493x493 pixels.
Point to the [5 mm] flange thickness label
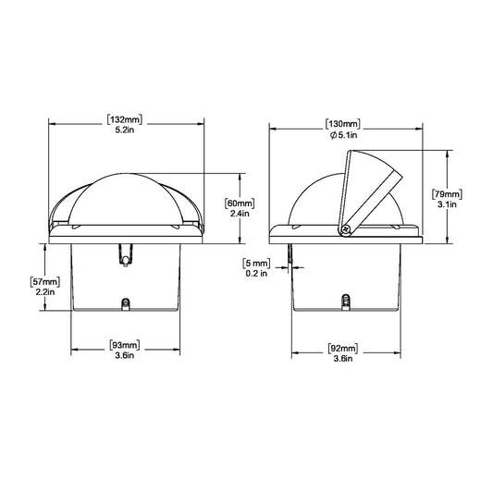[x=256, y=263]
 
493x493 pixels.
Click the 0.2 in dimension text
[x=256, y=274]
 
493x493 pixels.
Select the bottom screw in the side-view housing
[x=345, y=302]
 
